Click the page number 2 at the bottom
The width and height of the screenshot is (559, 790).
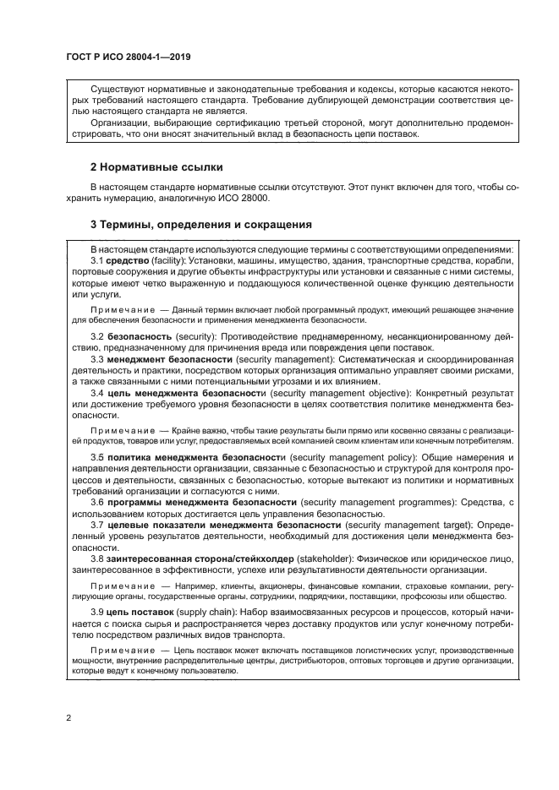click(68, 718)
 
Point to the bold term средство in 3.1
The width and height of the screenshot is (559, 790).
click(128, 262)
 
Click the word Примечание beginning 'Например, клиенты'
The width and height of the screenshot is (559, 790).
click(123, 585)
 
